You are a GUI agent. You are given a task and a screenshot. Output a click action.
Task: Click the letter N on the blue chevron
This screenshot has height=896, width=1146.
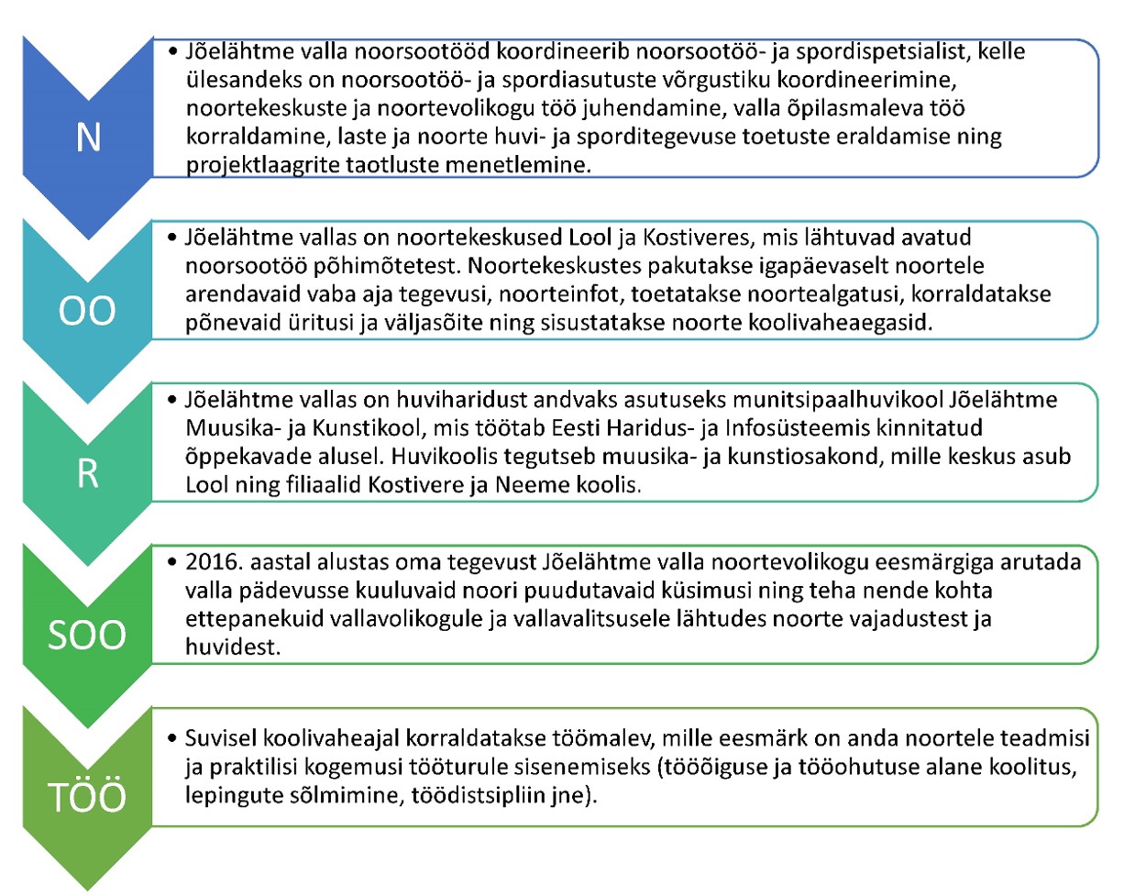point(88,138)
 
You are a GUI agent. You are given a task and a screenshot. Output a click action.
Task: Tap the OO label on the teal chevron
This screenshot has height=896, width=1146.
point(87,312)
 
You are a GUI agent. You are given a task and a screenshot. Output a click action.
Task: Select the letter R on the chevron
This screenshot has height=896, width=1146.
point(87,474)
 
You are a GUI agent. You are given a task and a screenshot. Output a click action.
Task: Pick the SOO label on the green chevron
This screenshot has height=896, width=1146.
point(87,635)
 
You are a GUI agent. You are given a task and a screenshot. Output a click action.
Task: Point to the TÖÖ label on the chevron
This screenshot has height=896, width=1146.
point(87,797)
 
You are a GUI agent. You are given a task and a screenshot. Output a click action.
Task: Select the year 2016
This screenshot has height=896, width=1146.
point(211,562)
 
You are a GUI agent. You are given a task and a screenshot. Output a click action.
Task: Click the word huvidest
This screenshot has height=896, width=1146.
point(232,647)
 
